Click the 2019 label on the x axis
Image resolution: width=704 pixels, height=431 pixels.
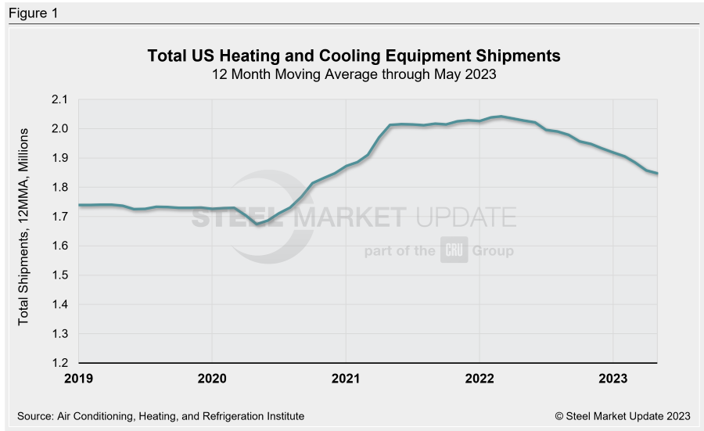78,379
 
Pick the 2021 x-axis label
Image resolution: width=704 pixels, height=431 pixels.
346,379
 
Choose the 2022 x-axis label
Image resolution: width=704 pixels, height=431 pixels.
480,379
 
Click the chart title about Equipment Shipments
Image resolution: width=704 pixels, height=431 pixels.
354,56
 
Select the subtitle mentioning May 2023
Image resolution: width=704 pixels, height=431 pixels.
354,75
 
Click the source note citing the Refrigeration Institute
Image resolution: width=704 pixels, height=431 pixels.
160,416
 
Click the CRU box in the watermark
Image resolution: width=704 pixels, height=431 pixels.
454,250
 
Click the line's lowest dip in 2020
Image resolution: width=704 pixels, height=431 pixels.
257,224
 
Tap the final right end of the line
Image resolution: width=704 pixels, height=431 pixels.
657,173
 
